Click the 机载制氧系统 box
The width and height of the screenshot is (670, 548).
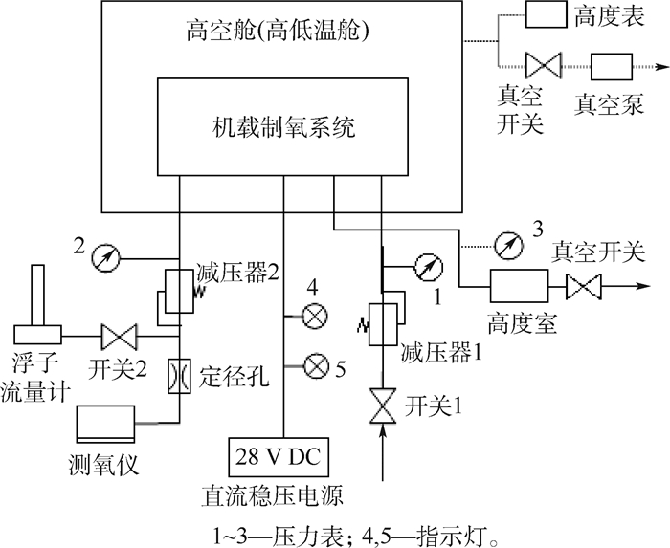pos(284,126)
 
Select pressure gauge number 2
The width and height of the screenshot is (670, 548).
pos(101,256)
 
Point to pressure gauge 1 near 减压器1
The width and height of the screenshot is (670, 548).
pos(426,268)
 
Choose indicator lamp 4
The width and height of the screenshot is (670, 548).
pos(311,315)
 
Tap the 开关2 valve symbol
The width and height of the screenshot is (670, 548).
pos(120,336)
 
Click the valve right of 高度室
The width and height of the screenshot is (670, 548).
pos(584,285)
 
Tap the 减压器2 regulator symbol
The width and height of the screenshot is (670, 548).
pos(178,290)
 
